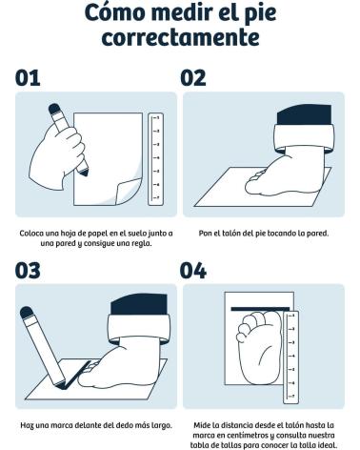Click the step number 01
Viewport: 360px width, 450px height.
point(28,78)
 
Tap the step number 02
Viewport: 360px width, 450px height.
point(193,78)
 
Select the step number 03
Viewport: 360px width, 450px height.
point(28,271)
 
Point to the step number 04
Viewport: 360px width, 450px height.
point(193,271)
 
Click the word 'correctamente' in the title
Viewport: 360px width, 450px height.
point(180,37)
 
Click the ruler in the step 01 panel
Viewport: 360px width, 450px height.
point(156,159)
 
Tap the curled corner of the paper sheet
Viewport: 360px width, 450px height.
point(128,192)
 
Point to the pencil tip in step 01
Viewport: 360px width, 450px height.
point(84,172)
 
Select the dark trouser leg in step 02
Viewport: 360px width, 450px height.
point(304,114)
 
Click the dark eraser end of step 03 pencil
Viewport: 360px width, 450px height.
point(27,313)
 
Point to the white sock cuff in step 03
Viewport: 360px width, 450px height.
point(139,329)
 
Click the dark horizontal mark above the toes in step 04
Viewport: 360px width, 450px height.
point(260,309)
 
